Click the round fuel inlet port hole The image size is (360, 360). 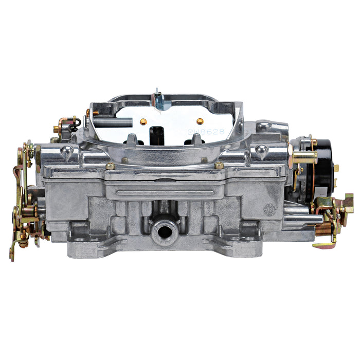click(x=165, y=231)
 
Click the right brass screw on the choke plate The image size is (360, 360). click(x=200, y=121)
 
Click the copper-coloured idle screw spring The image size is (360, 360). click(x=323, y=228)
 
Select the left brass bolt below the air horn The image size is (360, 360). click(x=110, y=166)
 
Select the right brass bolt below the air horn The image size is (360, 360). click(x=219, y=166)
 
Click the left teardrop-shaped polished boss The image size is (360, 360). click(x=66, y=151)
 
